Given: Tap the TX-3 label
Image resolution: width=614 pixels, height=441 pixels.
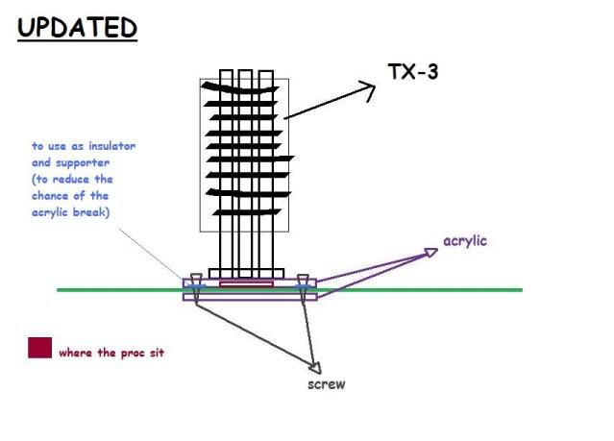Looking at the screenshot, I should tap(413, 71).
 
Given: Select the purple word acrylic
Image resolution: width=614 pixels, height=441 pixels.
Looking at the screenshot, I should tap(466, 239).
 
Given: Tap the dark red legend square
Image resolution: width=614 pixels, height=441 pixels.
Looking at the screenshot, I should tap(39, 348).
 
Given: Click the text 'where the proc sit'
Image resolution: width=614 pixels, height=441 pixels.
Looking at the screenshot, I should tap(111, 353).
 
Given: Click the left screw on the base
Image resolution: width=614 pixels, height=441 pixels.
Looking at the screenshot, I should tap(195, 286).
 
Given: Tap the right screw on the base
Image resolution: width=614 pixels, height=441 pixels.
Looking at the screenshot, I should tap(303, 286).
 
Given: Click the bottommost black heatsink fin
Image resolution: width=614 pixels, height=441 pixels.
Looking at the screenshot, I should tap(245, 211).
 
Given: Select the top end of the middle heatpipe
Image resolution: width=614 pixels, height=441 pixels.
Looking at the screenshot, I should tap(245, 72).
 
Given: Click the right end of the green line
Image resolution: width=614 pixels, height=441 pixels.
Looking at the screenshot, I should tap(521, 289).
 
